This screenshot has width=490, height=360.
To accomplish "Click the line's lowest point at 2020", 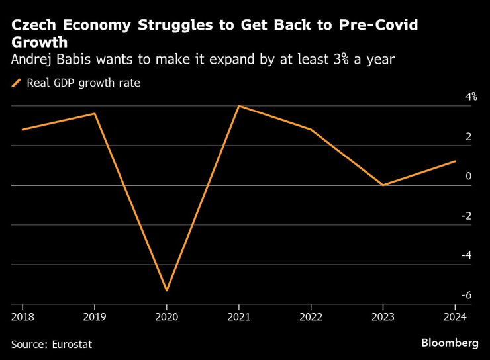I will coord(167,291).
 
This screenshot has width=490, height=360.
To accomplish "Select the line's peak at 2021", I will coord(238,106).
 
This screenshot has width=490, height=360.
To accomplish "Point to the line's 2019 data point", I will coord(95,114).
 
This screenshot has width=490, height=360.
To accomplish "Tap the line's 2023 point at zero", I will coord(383,185).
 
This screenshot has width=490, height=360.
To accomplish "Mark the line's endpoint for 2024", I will coord(456,161).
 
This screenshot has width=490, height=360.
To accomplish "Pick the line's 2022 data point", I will coord(311,130).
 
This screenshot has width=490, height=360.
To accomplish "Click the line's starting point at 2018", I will coord(23,130).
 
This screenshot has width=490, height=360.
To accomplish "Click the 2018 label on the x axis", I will coord(23,316).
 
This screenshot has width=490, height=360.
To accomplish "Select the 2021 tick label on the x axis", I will coord(238,316).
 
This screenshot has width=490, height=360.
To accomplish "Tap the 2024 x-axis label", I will coord(456,316).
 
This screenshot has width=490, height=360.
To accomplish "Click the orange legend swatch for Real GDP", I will coord(17,83).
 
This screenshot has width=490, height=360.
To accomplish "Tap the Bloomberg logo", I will coord(450,343).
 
